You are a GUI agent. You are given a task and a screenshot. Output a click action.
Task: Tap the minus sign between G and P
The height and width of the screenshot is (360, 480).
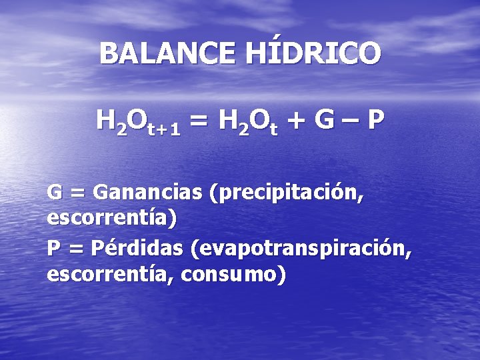point(351,122)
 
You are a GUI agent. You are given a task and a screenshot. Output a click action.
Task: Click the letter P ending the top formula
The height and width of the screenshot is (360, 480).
point(376,121)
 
